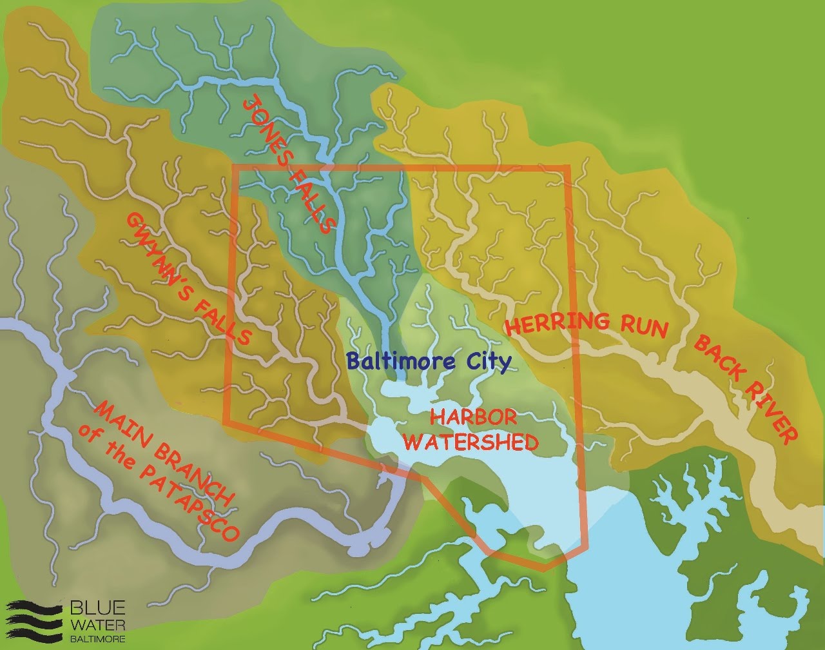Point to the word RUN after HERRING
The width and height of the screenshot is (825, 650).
point(641,327)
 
